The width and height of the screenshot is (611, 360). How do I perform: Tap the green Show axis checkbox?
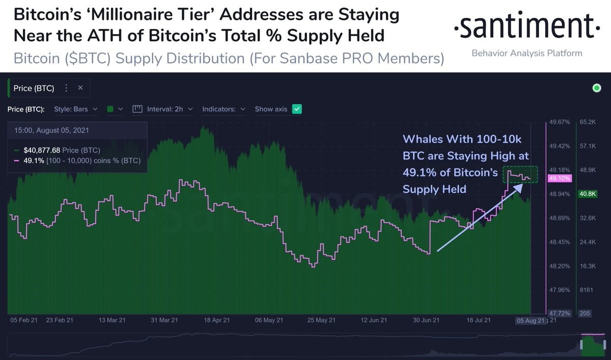point(297,109)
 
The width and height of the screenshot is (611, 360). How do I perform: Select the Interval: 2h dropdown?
point(162,109)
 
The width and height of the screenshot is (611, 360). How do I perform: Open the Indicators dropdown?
point(224,109)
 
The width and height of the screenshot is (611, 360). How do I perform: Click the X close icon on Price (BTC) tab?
point(80,88)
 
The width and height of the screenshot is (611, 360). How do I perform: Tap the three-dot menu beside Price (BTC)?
point(66,88)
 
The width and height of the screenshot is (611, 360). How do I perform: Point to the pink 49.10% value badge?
point(559,179)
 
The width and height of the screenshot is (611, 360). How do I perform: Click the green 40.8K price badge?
point(585,193)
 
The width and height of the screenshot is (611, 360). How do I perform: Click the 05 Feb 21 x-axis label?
point(24,320)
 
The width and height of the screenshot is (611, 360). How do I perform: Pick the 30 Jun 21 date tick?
point(426,320)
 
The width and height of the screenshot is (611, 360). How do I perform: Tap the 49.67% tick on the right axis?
point(559,122)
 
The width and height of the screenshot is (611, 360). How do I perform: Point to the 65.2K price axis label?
point(587,122)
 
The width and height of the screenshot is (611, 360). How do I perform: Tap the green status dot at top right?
point(597,89)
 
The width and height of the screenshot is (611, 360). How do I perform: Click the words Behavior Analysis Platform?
point(527,53)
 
